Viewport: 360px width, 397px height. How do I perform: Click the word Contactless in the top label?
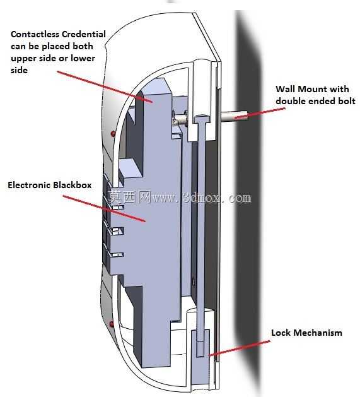35,34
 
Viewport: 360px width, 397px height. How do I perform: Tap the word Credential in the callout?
84,34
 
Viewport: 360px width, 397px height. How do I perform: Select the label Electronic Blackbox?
50,185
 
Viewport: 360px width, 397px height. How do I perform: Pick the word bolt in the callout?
346,101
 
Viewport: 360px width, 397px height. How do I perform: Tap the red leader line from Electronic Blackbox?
104,208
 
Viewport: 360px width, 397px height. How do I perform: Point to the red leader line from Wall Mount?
260,113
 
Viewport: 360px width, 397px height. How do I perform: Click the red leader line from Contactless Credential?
105,87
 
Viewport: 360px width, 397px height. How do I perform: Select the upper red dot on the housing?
113,133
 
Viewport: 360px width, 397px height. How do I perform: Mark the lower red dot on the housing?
112,324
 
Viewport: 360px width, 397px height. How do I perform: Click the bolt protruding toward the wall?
235,117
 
